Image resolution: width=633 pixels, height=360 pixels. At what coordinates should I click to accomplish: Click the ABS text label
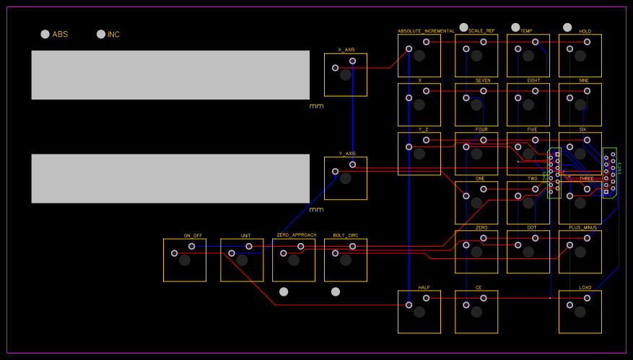click(60, 34)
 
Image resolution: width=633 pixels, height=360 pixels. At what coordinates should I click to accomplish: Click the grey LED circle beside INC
click(101, 34)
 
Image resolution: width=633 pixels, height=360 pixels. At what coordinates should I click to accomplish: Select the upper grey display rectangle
click(170, 75)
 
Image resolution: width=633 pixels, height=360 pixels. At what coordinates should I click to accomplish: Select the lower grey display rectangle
click(170, 178)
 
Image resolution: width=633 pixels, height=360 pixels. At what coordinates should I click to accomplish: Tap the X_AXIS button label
click(346, 50)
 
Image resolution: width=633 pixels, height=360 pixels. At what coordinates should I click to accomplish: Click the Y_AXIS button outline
click(346, 178)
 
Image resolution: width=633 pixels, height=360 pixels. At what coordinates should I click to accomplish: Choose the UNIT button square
click(242, 260)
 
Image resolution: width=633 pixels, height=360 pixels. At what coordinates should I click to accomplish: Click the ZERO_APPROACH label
click(296, 235)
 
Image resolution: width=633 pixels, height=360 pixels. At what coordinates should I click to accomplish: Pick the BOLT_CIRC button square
click(346, 260)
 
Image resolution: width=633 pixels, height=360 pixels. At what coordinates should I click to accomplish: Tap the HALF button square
click(419, 312)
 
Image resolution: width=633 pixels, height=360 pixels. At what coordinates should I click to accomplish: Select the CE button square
click(476, 312)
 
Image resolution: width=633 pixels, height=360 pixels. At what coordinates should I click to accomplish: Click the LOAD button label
click(585, 287)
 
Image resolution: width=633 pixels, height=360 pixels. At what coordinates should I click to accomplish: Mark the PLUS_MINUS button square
click(580, 252)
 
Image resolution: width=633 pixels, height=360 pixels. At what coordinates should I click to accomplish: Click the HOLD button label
click(585, 31)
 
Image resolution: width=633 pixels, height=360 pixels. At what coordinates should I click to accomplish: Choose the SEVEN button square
click(476, 105)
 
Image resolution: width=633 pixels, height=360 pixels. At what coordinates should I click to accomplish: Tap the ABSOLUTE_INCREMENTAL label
click(426, 31)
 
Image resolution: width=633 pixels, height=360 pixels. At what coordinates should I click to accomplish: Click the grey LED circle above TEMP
click(515, 27)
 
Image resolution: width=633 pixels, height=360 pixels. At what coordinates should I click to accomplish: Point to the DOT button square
click(528, 252)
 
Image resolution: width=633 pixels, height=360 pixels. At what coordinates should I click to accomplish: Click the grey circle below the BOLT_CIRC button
click(336, 291)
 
